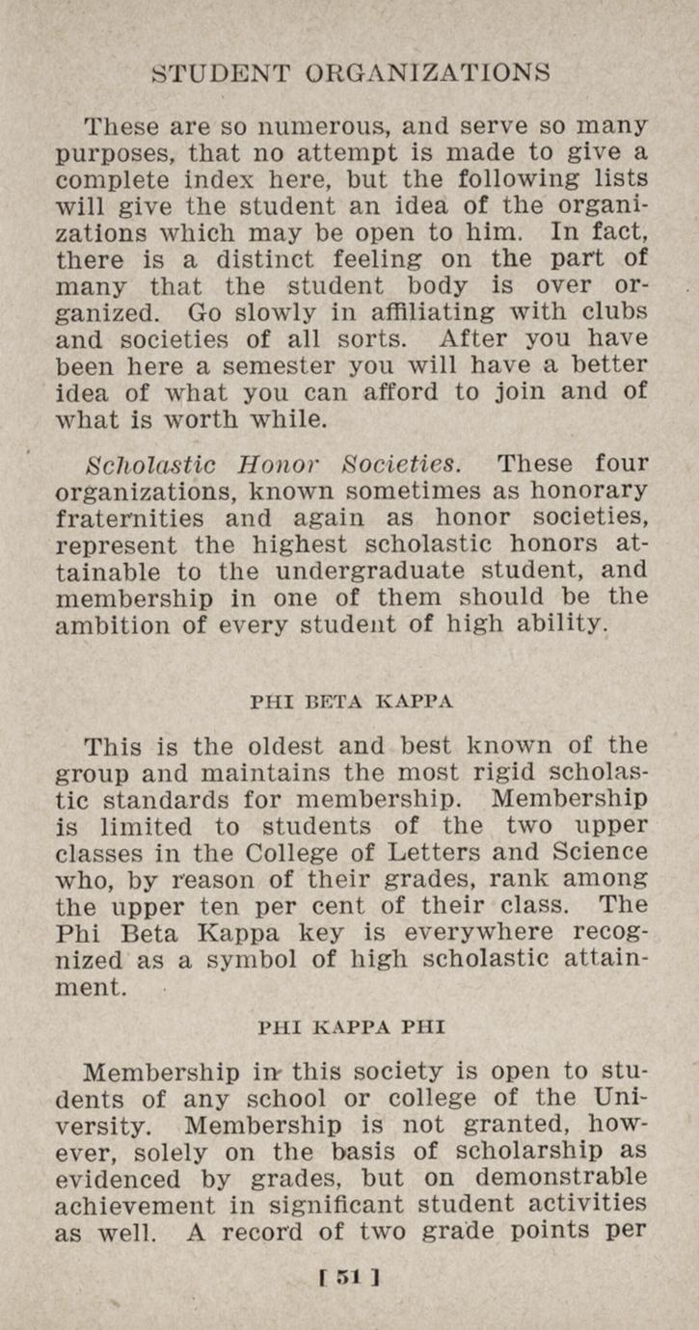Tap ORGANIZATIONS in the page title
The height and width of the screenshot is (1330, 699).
[428, 72]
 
